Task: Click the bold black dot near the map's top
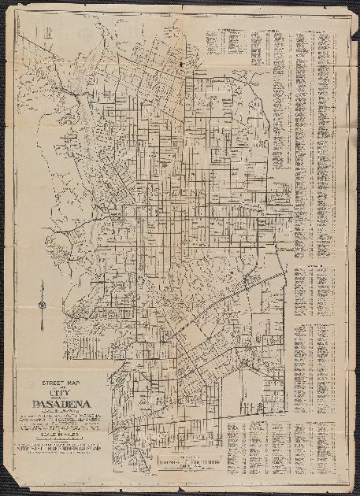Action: click(182, 61)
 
